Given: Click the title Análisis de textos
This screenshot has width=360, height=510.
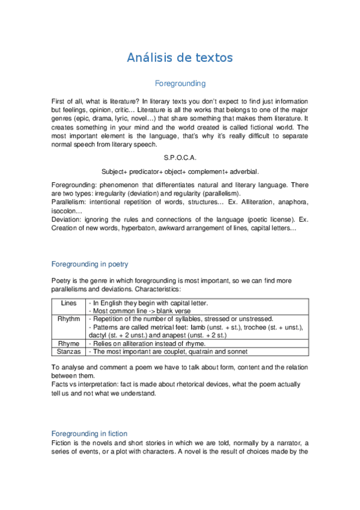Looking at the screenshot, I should pos(180,58).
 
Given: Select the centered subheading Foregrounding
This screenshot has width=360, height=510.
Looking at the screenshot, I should pos(180,84).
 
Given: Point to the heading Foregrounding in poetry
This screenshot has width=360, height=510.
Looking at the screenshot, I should pos(90,264).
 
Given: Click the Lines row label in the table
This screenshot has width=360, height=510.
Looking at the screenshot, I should pos(69,303).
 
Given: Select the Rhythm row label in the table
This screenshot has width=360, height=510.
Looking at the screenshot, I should pos(69,319).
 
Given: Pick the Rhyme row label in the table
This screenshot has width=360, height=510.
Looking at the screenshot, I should pos(69,342).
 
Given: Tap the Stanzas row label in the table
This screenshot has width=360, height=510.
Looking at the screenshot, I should pos(69,351).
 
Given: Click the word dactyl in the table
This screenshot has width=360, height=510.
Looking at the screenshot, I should pos(97,334).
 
